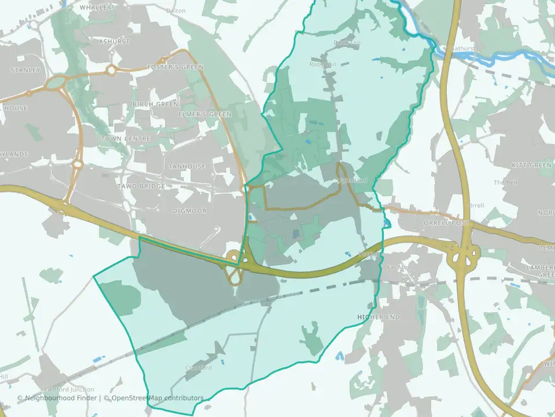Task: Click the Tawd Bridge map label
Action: (141, 186)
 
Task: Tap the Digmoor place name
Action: (190, 211)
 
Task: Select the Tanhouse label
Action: (187, 167)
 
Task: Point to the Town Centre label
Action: (125, 139)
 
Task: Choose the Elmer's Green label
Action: (197, 114)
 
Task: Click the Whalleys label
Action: (97, 8)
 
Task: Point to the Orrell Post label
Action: (446, 223)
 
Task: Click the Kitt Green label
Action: (532, 166)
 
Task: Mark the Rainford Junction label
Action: (68, 390)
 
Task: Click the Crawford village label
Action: (199, 368)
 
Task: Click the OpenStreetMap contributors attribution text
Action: (157, 398)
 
